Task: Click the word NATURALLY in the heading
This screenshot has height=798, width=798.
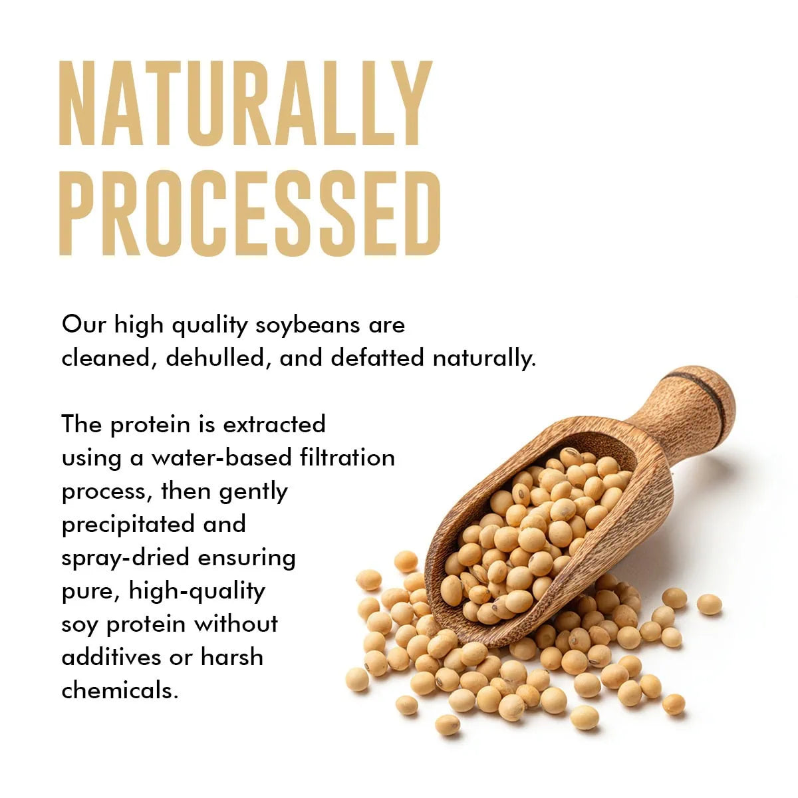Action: coord(246,103)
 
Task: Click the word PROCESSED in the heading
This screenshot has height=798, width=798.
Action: coord(250,212)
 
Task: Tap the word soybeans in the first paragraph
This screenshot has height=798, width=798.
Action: coord(307,326)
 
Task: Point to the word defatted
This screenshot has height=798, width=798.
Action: coord(377,357)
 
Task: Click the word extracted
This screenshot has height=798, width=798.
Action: coord(274,424)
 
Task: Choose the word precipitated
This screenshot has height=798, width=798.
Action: coord(128,525)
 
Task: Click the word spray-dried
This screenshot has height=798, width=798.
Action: coord(126,558)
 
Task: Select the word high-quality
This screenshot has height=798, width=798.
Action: coord(197,591)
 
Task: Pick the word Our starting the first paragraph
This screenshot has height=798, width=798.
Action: coord(84,325)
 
